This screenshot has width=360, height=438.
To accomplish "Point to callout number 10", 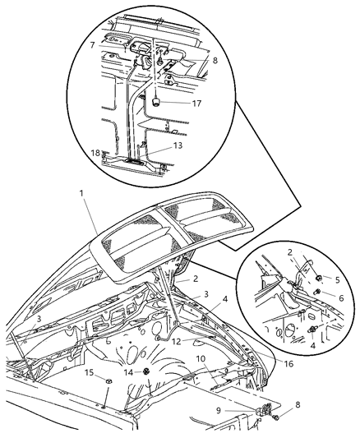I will click(200, 359).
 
